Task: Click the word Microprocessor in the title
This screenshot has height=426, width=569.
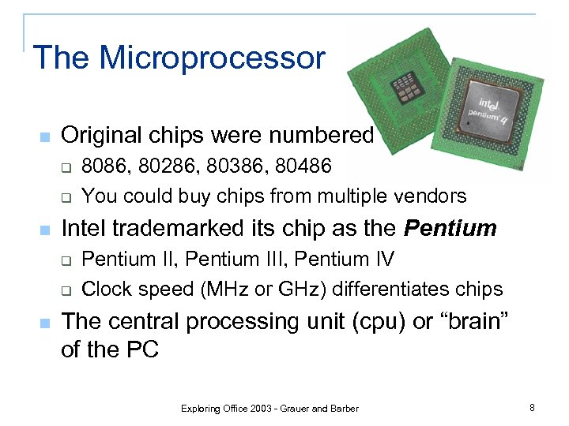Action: (x=213, y=58)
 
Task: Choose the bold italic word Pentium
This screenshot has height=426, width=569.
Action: (x=450, y=229)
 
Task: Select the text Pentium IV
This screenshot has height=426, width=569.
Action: (x=352, y=260)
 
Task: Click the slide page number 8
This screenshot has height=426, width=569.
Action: (x=533, y=408)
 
